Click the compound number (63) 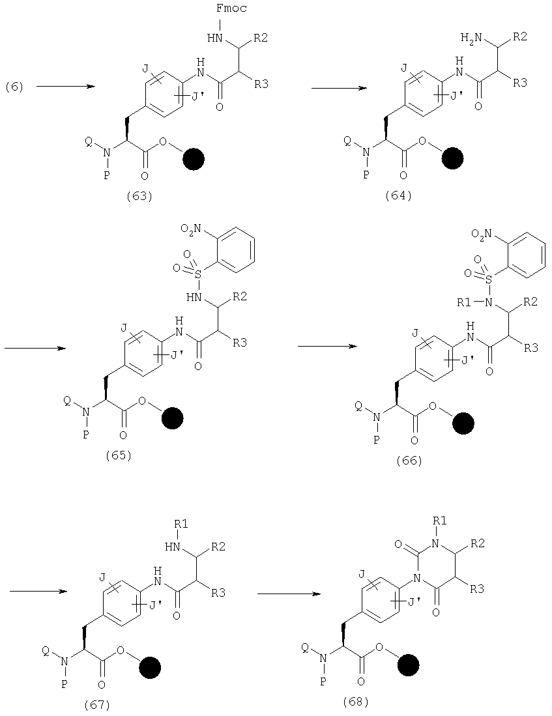(x=139, y=196)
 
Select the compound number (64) (x=398, y=195)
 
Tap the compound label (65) (x=119, y=455)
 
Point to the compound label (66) (x=409, y=460)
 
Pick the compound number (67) (x=97, y=704)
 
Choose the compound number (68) (x=355, y=701)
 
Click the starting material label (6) (x=14, y=86)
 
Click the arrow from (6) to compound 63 (x=65, y=86)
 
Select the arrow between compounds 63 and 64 (x=339, y=88)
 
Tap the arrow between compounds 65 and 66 (x=327, y=346)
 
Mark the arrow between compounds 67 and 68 (x=287, y=594)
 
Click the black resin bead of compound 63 (x=194, y=160)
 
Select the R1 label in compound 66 (x=464, y=302)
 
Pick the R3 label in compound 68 (x=477, y=589)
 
